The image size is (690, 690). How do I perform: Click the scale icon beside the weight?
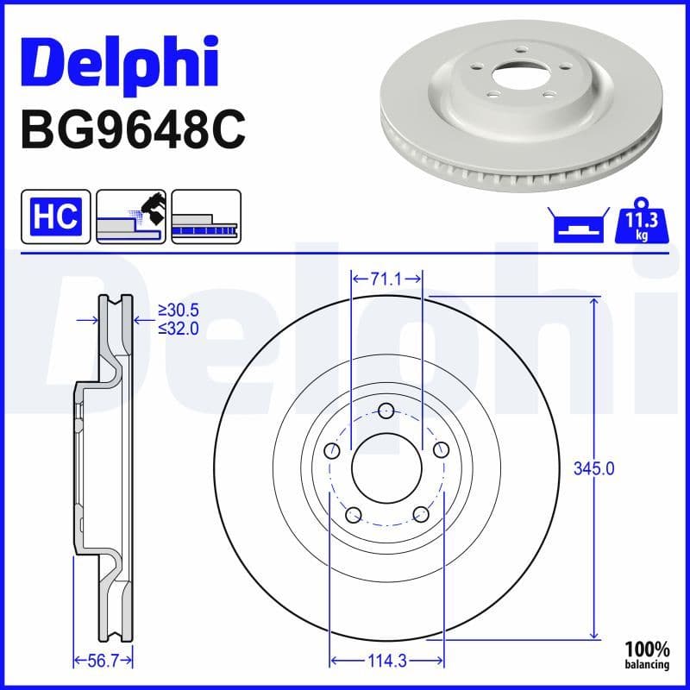(x=577, y=226)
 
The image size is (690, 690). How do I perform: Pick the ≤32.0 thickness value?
(x=179, y=329)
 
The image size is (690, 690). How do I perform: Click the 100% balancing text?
(x=648, y=655)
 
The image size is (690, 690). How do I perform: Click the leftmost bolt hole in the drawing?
(x=332, y=450)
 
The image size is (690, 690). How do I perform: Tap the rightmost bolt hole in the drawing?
(x=442, y=450)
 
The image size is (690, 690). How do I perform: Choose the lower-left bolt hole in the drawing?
(x=352, y=515)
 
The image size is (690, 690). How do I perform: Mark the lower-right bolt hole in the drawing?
(x=421, y=515)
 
